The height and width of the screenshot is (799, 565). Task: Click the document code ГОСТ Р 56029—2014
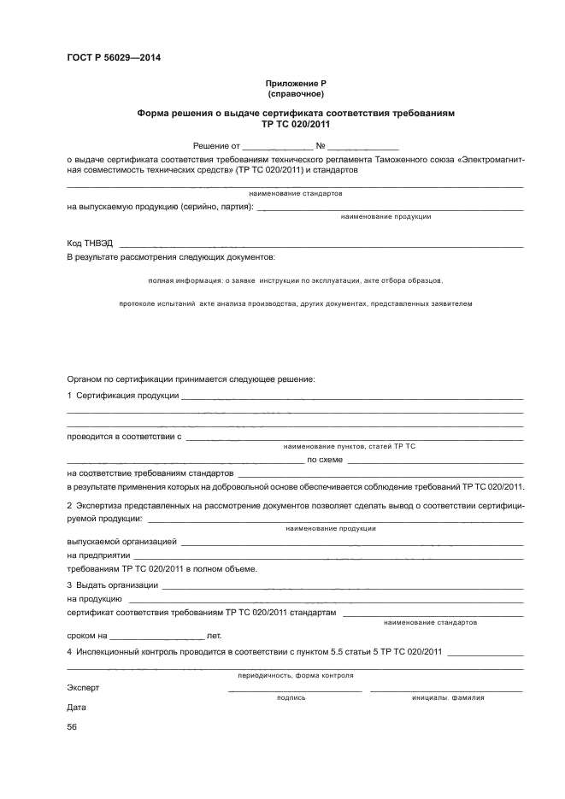pyautogui.click(x=113, y=58)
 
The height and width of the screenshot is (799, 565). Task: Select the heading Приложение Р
pyautogui.click(x=295, y=83)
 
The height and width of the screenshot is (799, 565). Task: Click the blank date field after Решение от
pyautogui.click(x=279, y=147)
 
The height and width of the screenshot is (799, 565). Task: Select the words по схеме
pyautogui.click(x=325, y=459)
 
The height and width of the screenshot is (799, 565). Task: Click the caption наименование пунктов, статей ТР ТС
pyautogui.click(x=349, y=446)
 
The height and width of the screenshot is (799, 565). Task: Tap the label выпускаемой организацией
pyautogui.click(x=121, y=542)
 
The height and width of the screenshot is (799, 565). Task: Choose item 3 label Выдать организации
pyautogui.click(x=112, y=585)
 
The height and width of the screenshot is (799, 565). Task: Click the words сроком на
pyautogui.click(x=86, y=636)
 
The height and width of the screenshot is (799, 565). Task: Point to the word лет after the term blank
pyautogui.click(x=214, y=636)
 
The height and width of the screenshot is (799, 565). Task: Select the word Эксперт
pyautogui.click(x=83, y=687)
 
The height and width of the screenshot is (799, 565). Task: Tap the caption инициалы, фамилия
pyautogui.click(x=448, y=697)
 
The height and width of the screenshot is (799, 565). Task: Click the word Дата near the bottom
pyautogui.click(x=76, y=708)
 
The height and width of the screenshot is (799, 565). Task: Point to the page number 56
pyautogui.click(x=72, y=727)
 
